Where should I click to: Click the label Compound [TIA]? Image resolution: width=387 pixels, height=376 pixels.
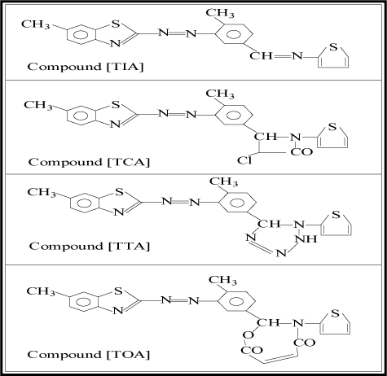pos(86,67)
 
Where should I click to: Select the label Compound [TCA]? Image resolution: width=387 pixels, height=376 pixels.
pos(89,162)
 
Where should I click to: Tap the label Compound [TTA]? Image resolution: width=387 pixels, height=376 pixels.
pos(90,246)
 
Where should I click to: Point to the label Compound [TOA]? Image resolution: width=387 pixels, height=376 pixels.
pos(89,354)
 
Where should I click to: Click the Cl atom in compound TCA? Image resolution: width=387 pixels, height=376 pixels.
pos(244,160)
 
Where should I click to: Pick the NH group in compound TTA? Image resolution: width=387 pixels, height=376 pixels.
pos(306,239)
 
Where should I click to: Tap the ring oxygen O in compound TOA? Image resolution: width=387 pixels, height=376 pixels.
pos(248,335)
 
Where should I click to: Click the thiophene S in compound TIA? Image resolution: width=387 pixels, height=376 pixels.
pos(333,47)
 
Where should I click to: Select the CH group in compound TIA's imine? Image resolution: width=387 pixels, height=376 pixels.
pos(261,56)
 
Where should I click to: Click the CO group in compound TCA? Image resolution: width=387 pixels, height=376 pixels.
pos(301,151)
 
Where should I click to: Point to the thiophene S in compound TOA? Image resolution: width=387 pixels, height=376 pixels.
pos(336,313)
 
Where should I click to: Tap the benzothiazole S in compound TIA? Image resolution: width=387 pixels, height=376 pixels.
pos(116,24)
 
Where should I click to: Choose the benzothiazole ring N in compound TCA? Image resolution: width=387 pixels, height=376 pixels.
pos(115,125)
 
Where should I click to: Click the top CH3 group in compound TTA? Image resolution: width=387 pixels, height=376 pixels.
pos(223,181)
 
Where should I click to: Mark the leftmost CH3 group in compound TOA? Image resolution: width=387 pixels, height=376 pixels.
pos(41,291)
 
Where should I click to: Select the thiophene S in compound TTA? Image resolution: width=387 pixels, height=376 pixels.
pos(336,215)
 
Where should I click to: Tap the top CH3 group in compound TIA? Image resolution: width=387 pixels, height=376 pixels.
pos(220,13)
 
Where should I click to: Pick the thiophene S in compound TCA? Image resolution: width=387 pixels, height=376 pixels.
pos(332,127)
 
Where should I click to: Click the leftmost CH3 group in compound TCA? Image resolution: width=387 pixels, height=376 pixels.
pos(38,105)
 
